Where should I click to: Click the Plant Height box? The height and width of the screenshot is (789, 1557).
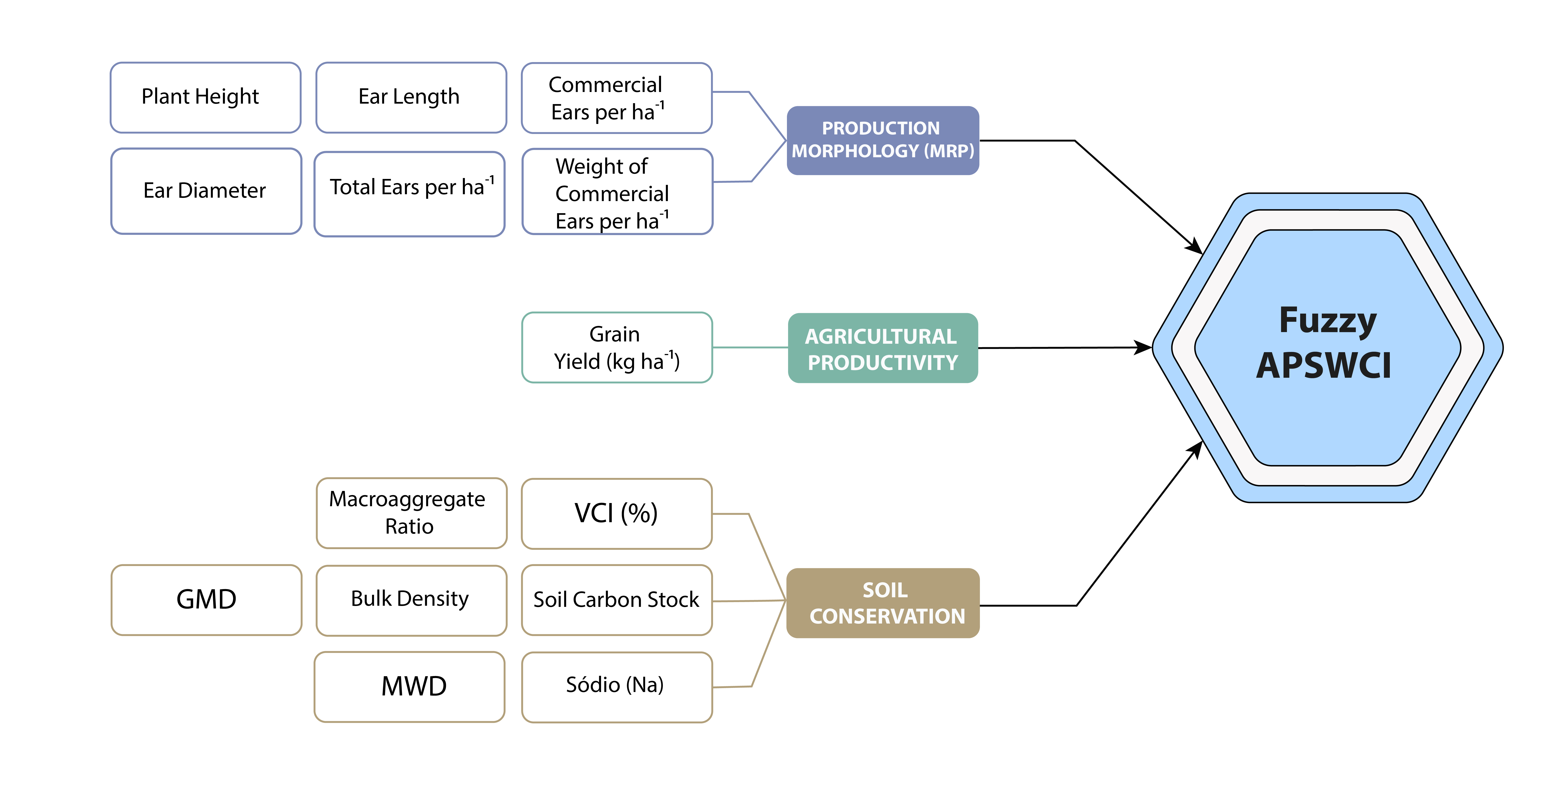click(x=206, y=97)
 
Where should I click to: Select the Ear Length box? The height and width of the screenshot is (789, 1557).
click(x=411, y=97)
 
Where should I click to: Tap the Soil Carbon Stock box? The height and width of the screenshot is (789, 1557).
click(x=617, y=600)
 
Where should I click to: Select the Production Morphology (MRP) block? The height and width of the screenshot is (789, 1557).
click(x=883, y=140)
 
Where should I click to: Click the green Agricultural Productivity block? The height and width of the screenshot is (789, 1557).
click(x=883, y=348)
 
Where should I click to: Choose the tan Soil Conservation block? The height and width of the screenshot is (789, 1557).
click(x=883, y=603)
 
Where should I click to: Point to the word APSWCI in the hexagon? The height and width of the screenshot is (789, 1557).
click(x=1324, y=366)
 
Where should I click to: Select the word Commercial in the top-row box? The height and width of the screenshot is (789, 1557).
click(x=605, y=85)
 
